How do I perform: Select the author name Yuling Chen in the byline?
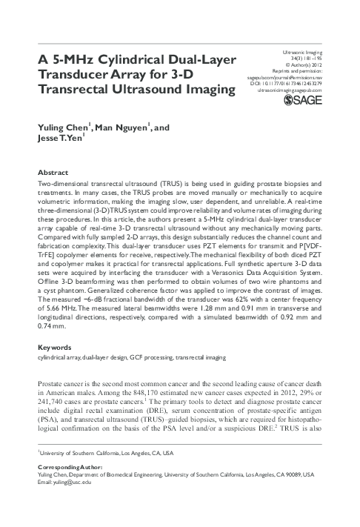[61, 129]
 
